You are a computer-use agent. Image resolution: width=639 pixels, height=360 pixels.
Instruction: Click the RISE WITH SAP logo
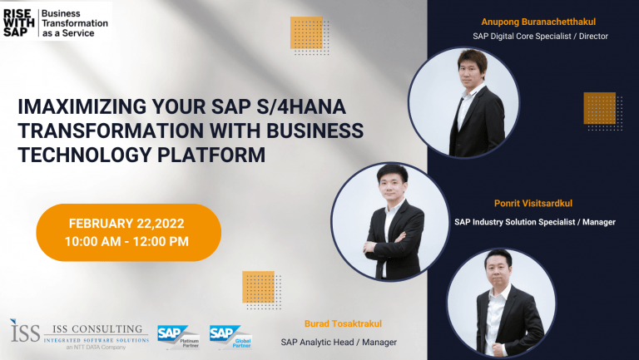tap(18, 23)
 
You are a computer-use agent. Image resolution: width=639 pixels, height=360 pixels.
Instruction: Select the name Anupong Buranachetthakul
tap(538, 22)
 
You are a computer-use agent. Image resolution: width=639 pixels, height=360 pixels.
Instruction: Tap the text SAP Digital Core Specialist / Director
tap(540, 37)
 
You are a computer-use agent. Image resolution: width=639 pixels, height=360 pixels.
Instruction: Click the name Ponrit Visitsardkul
tap(533, 203)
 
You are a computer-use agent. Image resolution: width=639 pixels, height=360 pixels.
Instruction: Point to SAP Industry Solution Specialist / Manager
tap(535, 222)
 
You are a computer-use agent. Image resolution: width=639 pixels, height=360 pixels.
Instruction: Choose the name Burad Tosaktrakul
tap(343, 323)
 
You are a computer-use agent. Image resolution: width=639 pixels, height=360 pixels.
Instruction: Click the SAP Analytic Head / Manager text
tap(339, 342)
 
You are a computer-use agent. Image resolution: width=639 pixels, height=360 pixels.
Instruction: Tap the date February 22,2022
tap(126, 224)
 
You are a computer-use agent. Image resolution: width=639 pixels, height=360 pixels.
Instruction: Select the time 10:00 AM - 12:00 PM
tap(126, 241)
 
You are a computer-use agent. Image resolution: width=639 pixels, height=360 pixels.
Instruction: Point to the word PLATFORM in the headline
tap(211, 155)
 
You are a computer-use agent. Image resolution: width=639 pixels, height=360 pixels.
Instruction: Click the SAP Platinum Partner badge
tap(179, 337)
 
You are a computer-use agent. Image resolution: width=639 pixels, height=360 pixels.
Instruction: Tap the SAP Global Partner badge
tap(230, 337)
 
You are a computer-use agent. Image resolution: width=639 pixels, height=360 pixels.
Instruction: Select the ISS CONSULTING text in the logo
tap(97, 329)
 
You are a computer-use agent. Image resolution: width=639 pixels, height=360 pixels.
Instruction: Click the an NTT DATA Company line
tap(97, 348)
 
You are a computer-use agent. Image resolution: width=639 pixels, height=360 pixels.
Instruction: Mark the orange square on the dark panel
tap(599, 108)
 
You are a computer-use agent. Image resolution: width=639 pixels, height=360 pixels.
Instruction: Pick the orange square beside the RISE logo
tap(306, 32)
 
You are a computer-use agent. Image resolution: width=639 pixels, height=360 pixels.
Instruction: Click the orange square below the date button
tap(259, 287)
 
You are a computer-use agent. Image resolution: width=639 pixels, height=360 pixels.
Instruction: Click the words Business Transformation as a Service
tap(75, 23)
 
